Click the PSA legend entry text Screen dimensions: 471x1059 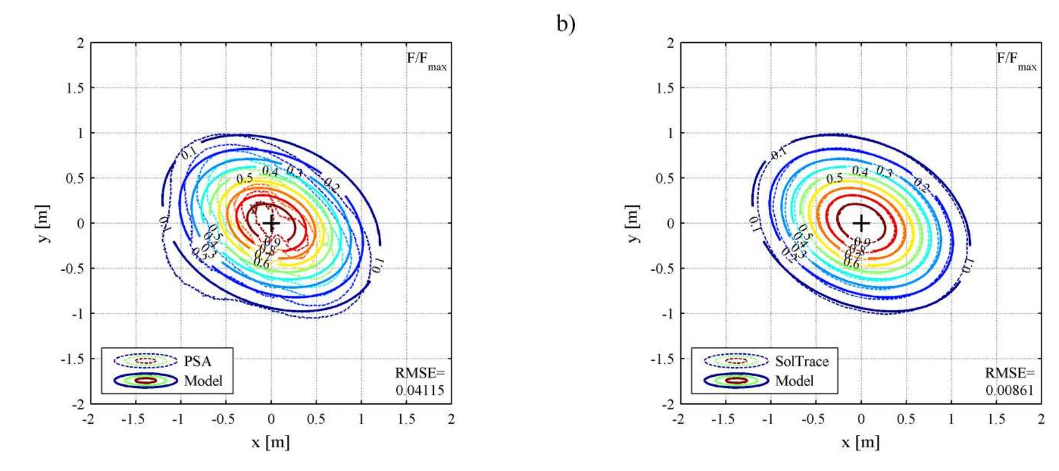pos(198,361)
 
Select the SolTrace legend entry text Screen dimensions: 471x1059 pos(801,361)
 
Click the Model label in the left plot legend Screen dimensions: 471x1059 pos(203,381)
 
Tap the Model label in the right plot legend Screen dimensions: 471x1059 pos(794,381)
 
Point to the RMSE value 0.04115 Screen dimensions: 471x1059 pos(420,390)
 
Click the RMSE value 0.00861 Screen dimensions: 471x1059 pos(1010,390)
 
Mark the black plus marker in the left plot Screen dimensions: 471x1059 pos(271,224)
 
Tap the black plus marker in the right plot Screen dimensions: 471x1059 pos(861,224)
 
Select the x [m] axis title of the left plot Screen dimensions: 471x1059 pos(270,442)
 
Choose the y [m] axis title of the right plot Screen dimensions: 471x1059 pos(634,224)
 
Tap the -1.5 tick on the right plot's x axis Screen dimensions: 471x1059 pos(723,419)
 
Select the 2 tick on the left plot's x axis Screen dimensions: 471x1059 pos(451,419)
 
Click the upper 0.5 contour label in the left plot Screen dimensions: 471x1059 pos(244,179)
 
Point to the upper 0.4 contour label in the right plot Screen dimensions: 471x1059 pos(860,171)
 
